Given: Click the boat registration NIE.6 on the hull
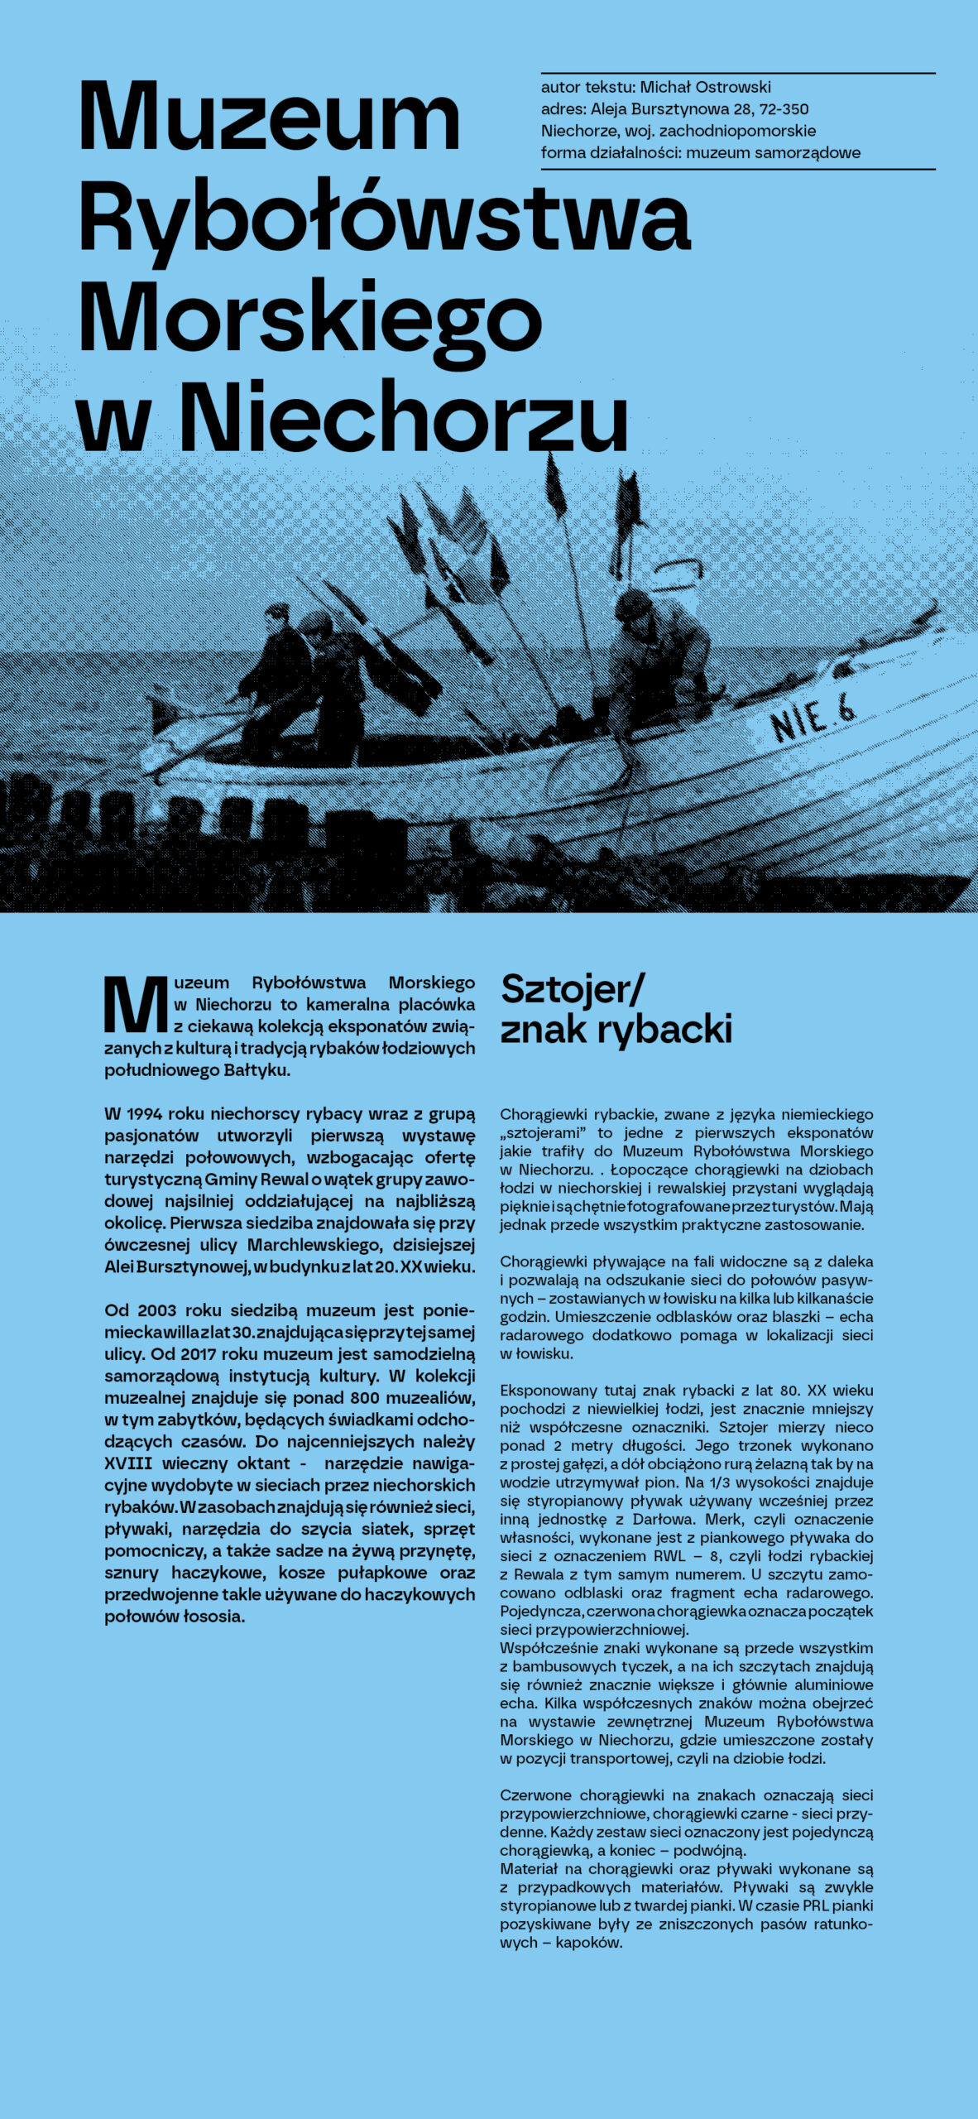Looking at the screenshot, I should (813, 718).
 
